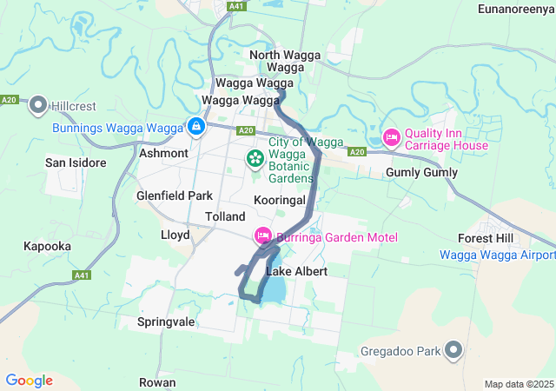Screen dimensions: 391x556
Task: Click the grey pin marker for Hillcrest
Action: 37,105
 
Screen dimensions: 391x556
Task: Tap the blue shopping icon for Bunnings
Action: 196,127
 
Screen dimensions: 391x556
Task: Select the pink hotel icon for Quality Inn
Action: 391,137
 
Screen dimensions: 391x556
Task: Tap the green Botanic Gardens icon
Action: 255,158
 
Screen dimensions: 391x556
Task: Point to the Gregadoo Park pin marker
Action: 453,350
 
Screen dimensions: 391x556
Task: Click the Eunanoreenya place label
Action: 515,9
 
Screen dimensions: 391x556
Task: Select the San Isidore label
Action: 76,162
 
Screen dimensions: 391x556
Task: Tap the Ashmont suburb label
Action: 163,153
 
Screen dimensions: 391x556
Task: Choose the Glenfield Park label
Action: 175,196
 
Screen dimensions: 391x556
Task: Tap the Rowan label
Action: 157,382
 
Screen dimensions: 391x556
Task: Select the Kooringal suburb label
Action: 280,200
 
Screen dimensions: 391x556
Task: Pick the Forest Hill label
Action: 486,238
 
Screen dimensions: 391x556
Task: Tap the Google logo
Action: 29,381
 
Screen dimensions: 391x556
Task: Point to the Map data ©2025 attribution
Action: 519,384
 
